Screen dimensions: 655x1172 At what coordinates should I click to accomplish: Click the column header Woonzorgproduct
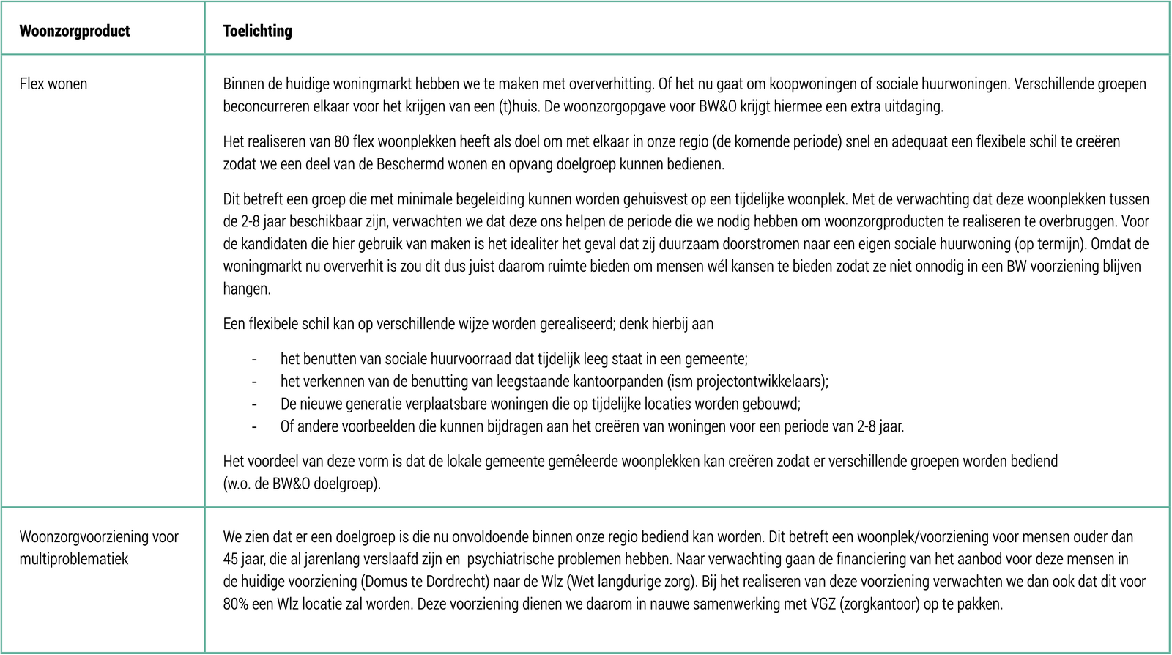tap(74, 31)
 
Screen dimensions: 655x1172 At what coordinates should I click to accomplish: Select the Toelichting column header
tap(257, 31)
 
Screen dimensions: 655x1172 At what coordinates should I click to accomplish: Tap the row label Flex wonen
tap(53, 84)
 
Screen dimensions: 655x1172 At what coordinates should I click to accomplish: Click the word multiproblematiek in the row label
tap(73, 559)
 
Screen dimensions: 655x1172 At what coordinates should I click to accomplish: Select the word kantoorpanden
tap(648, 382)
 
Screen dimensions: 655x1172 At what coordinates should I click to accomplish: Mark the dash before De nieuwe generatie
tap(254, 404)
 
